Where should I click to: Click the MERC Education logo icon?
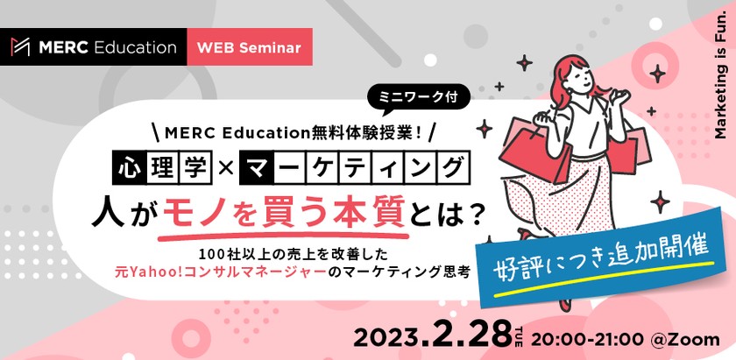[20, 46]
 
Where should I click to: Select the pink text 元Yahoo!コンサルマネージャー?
[223, 272]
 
